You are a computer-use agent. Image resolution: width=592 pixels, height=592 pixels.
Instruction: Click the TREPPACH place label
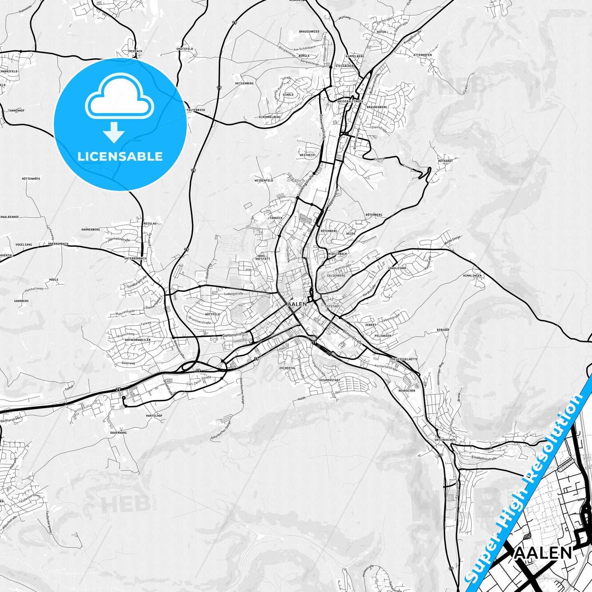coord(135,51)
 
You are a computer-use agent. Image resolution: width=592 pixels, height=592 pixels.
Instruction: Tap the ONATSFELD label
coord(184,49)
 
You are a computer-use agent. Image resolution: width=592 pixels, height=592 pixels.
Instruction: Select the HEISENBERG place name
coord(244,83)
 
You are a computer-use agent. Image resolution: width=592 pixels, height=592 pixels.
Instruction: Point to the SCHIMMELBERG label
coord(270,117)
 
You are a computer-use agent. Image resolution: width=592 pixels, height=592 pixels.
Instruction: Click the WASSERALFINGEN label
coord(350,101)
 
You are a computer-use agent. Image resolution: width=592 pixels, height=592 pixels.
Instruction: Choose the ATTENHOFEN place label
coord(422,55)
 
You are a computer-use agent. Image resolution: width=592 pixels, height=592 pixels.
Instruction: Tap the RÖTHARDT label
coord(445,161)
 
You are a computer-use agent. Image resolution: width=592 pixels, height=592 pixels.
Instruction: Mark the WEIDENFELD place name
coord(263,180)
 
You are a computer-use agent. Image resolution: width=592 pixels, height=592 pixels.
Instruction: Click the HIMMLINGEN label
coord(472,276)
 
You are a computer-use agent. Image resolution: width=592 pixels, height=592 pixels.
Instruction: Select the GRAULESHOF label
coord(397,268)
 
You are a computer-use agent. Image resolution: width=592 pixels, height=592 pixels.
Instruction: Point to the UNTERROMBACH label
coord(135,259)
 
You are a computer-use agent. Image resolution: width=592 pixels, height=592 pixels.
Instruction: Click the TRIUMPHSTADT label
coord(329,380)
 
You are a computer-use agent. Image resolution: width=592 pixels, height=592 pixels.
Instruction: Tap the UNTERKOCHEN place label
coord(445,440)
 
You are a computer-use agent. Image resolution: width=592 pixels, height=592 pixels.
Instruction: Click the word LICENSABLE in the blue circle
coord(120,156)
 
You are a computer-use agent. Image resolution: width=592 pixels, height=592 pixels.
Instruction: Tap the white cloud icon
coord(119,97)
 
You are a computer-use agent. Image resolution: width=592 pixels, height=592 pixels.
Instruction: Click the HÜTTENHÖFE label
coord(31,179)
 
